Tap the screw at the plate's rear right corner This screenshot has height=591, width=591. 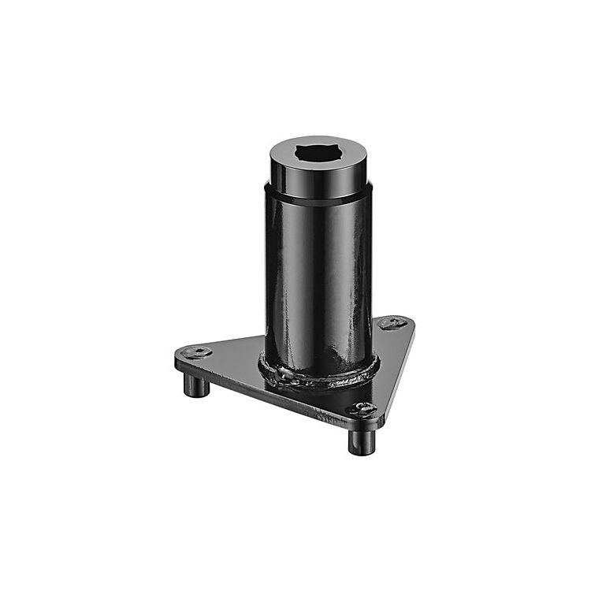(392, 323)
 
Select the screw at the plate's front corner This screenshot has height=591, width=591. (363, 407)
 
